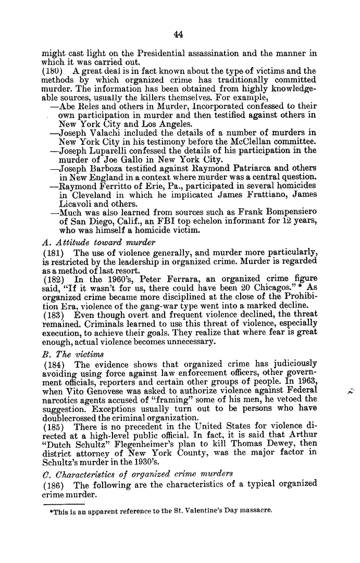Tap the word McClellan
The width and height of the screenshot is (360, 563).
(253, 142)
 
